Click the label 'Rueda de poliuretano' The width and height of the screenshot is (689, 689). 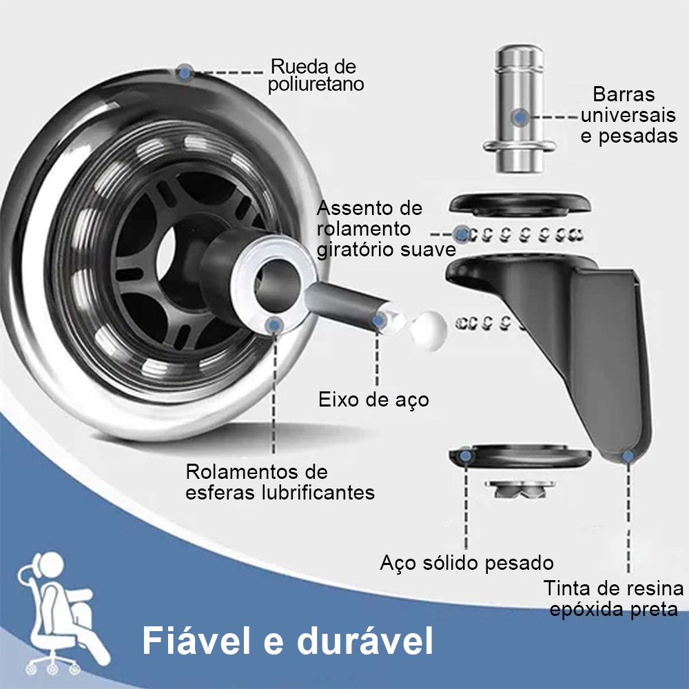click(316, 75)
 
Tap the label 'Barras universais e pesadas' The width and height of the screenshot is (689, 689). click(629, 114)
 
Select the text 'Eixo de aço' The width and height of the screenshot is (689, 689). click(373, 400)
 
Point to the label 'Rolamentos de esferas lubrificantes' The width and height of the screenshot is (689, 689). click(280, 482)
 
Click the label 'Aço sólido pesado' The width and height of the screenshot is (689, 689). click(466, 562)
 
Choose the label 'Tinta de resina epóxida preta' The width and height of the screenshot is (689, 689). click(613, 599)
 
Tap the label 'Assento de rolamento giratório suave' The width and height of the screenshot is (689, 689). click(387, 229)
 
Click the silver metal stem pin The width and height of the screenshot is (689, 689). click(520, 108)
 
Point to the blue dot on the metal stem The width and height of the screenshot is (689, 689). click(520, 117)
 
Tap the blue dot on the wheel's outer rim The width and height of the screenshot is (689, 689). click(185, 72)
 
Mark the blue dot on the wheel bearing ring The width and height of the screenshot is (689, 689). click(275, 325)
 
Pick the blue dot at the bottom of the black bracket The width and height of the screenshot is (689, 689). click(628, 456)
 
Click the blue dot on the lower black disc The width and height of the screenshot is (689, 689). click(465, 455)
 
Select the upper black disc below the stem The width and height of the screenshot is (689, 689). click(520, 205)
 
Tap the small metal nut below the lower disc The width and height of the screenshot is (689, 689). click(520, 489)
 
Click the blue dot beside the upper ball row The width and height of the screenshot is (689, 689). click(462, 234)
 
